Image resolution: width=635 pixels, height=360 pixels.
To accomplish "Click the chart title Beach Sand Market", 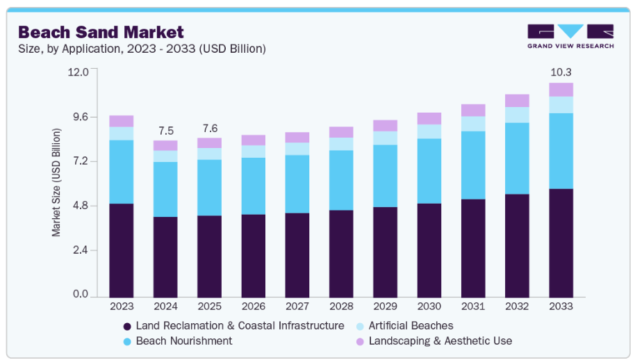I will (x=101, y=32).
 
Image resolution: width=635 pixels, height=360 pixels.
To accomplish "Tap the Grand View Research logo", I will (x=570, y=36).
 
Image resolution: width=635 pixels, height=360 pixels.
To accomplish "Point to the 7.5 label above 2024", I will (x=166, y=131).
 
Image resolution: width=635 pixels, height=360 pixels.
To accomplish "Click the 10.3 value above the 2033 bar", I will (x=561, y=72).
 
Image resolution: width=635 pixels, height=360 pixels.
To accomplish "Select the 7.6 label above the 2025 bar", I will (x=210, y=129).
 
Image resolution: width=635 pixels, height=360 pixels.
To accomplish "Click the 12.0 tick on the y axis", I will (x=79, y=72).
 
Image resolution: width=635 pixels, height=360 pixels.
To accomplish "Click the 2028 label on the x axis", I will (x=341, y=306).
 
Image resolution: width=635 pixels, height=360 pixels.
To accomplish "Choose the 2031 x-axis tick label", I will (x=473, y=306).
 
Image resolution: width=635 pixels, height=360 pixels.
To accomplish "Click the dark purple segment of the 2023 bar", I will (x=122, y=250).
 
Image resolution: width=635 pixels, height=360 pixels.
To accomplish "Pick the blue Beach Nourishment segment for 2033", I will (x=561, y=151).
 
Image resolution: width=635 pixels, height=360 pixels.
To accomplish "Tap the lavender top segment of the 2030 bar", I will (x=429, y=118).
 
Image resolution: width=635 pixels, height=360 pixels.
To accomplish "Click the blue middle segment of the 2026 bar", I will (x=254, y=186).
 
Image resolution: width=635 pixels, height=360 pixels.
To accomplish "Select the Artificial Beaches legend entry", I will (x=411, y=325).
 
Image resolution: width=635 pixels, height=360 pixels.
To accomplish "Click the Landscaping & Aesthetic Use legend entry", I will (x=440, y=341).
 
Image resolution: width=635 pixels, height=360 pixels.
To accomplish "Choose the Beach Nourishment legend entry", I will (x=184, y=341).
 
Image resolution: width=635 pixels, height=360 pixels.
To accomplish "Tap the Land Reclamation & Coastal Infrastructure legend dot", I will (x=127, y=326).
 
